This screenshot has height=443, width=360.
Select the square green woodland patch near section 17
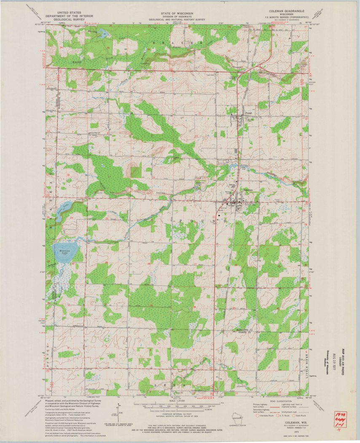pyautogui.click(x=136, y=172)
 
